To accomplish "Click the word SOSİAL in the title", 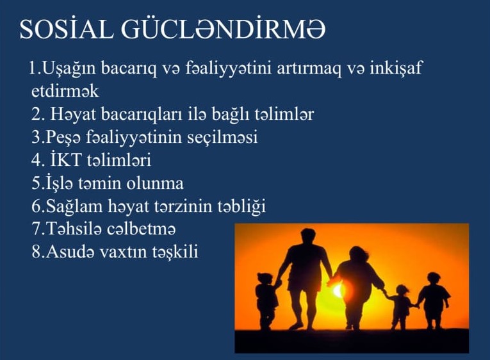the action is [x=66, y=29].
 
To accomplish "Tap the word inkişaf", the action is [x=396, y=67].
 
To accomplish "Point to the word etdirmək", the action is [x=65, y=91].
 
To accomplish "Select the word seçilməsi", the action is [x=222, y=138].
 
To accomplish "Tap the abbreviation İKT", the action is [x=65, y=160].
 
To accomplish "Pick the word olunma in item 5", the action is [x=155, y=183].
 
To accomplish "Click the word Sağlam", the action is [x=74, y=207].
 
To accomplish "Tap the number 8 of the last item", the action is [x=37, y=252].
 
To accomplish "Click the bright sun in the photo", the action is [x=338, y=291].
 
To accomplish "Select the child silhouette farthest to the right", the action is [x=434, y=300].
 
